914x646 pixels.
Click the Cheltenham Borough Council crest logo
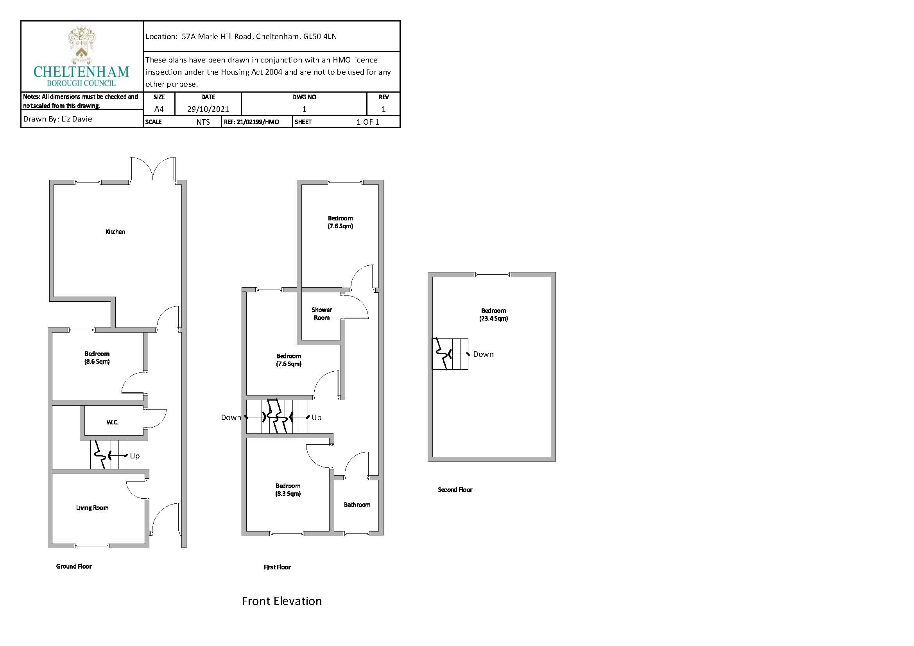(x=81, y=45)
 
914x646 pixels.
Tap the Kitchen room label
(x=115, y=232)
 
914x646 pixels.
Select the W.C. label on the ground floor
(x=112, y=422)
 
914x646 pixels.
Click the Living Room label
(x=92, y=508)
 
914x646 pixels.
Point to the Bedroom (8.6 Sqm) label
(x=97, y=358)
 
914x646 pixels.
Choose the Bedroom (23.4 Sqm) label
(x=493, y=315)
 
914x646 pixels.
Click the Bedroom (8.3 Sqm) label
(x=288, y=490)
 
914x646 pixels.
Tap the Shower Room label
(x=322, y=314)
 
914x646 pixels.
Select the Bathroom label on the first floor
(x=357, y=505)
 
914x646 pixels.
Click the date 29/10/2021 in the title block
(x=208, y=109)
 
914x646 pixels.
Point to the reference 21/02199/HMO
(x=251, y=122)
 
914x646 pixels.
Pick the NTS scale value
(x=203, y=122)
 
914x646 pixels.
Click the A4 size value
(x=159, y=109)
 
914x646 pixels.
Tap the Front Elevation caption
(x=281, y=601)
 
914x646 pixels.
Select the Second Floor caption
(x=455, y=490)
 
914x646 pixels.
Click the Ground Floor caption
(x=73, y=566)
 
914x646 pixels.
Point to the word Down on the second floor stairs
(x=483, y=354)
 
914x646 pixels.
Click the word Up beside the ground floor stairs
(x=134, y=456)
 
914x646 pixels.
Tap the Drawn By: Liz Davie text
(x=58, y=119)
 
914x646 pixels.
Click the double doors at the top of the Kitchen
(x=152, y=169)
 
